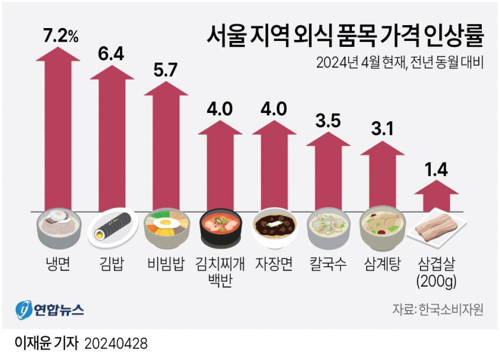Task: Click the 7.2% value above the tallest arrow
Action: coord(61,36)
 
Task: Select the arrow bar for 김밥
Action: coord(112,138)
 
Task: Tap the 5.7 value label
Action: coord(166,70)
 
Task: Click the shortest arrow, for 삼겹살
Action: coord(436,196)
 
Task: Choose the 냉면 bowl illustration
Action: coord(59,228)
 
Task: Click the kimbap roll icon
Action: coord(112,228)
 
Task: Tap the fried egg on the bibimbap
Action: coord(166,222)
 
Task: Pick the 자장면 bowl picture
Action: coord(274,228)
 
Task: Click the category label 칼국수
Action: coord(328,264)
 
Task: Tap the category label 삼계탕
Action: coord(382,264)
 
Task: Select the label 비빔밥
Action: coord(166,264)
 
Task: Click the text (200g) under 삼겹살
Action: coord(437,281)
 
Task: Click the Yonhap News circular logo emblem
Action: coord(23,310)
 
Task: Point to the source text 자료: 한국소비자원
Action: coord(438,308)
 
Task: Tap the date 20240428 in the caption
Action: coord(116,344)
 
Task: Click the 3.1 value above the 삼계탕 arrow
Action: coord(382,128)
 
